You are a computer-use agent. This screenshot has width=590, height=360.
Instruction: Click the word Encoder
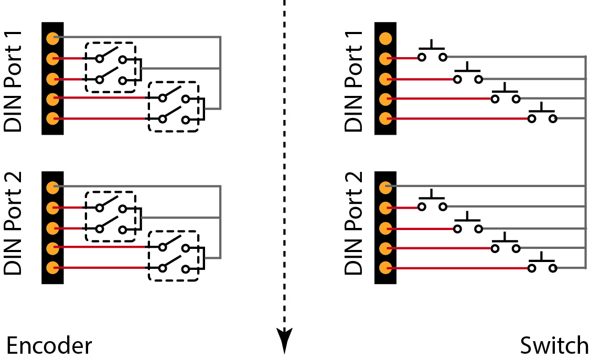pos(49,346)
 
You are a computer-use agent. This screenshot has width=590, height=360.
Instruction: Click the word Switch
pos(554,346)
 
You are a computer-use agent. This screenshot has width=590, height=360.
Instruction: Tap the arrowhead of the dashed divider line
pos(284,339)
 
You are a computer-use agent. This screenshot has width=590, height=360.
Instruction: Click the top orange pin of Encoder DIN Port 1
pos(52,38)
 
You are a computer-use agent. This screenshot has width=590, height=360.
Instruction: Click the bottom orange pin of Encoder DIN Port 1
pos(52,118)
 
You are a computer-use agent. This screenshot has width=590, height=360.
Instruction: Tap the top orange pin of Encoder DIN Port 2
pos(52,187)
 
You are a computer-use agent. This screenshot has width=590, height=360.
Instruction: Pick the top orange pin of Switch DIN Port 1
pos(385,38)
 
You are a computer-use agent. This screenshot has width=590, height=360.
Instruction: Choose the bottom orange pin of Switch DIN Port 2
pos(385,268)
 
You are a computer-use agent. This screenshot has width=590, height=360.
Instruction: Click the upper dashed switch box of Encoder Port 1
pos(110,68)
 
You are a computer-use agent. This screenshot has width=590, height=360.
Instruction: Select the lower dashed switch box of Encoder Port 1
pos(174,107)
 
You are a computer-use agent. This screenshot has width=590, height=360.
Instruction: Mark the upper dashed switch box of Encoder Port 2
pos(110,217)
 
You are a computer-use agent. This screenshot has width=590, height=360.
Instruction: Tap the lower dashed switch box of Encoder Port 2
pos(174,256)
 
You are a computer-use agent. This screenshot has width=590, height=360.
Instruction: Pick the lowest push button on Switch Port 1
pos(542,115)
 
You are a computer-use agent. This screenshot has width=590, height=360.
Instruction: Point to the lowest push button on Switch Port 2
pos(542,265)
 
